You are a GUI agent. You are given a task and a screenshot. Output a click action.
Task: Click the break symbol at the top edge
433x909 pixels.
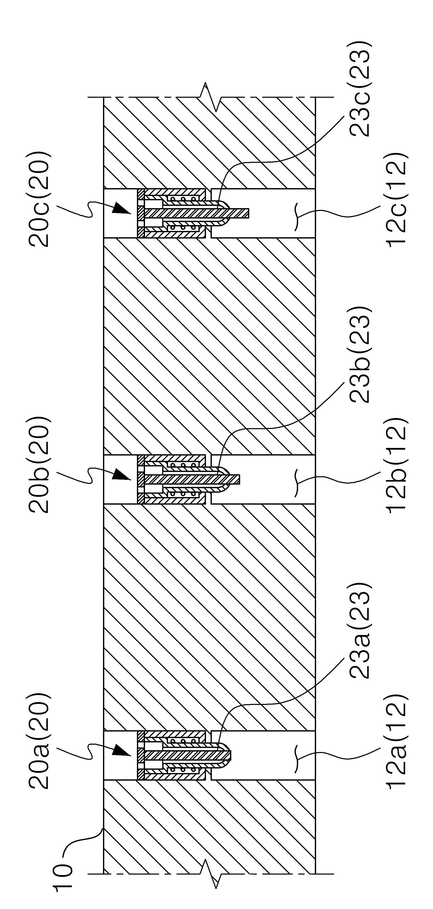[211, 97]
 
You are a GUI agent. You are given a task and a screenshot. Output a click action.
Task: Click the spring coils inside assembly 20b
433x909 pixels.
[183, 479]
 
